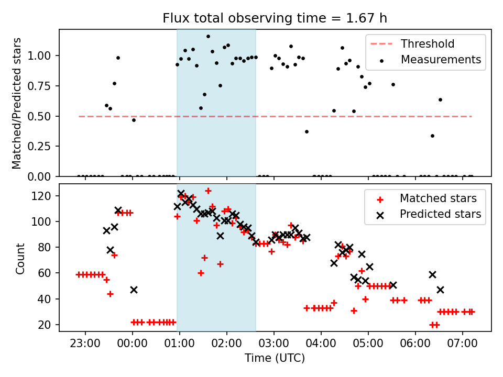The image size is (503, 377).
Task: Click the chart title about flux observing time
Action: [275, 18]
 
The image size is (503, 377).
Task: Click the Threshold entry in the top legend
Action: [428, 44]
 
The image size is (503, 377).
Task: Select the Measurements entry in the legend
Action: [441, 60]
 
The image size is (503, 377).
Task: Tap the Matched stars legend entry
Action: [438, 198]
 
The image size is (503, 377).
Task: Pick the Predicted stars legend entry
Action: [441, 214]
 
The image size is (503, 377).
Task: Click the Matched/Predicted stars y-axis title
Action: [17, 103]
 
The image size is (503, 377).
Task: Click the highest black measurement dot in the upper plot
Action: [208, 37]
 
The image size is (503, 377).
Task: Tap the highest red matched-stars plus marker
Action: [208, 191]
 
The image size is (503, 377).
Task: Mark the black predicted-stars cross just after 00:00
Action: [134, 290]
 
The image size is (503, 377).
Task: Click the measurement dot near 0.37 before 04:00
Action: [307, 131]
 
